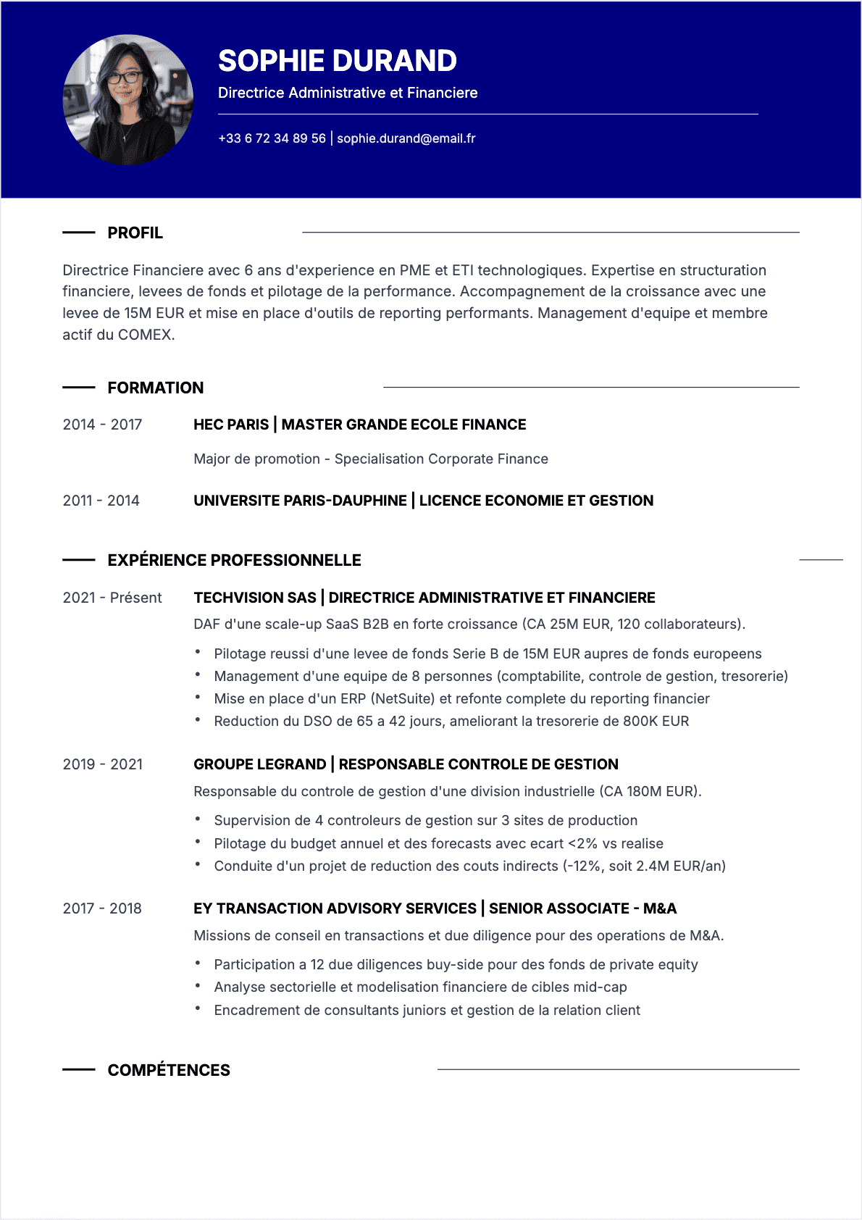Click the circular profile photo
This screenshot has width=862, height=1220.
click(x=128, y=100)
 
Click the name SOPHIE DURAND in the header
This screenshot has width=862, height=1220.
click(x=337, y=61)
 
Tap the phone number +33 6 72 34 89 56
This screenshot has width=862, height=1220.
click(x=272, y=138)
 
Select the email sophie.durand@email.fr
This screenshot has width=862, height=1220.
click(x=406, y=138)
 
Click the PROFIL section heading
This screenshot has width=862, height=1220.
click(x=135, y=233)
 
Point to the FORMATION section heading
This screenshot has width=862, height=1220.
click(x=155, y=388)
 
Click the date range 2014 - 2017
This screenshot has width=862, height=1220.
click(x=102, y=425)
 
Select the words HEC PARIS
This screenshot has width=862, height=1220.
click(x=230, y=425)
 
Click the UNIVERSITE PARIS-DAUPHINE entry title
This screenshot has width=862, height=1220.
click(x=300, y=501)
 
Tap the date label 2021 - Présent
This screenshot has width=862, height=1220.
click(x=112, y=598)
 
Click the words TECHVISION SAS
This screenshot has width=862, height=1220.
click(x=254, y=598)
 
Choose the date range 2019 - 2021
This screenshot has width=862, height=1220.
click(x=102, y=764)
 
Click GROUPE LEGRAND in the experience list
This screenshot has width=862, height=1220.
click(x=259, y=764)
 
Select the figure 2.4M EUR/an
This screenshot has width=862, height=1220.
click(x=678, y=866)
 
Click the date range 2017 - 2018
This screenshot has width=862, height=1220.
click(x=102, y=908)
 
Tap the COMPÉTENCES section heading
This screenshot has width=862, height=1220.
click(x=168, y=1070)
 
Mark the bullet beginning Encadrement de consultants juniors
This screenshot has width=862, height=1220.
click(x=427, y=1010)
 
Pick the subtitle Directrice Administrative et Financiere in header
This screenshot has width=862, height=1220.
click(x=348, y=93)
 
